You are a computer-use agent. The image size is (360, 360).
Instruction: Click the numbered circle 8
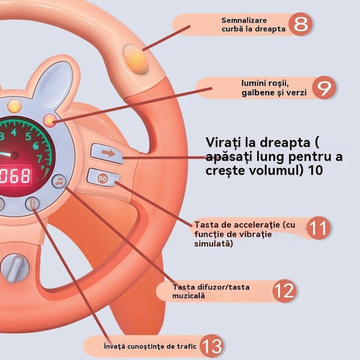point(300,24)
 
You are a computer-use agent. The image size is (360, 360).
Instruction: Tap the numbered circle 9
point(324,87)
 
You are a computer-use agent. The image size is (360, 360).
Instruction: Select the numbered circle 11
point(319,228)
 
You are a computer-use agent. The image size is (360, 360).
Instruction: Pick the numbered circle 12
point(284,291)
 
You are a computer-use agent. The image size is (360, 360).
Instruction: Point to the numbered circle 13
point(211,346)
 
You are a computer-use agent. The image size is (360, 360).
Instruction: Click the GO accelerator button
point(103,178)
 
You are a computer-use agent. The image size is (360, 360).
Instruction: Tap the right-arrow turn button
point(108,153)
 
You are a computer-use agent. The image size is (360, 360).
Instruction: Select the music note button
point(59,181)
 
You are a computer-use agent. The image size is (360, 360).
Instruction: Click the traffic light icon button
point(32,203)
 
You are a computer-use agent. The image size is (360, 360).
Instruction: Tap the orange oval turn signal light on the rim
point(136,60)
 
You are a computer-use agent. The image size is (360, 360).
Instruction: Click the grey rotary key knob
point(15,268)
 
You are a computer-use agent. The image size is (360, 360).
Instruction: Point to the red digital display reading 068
point(15,176)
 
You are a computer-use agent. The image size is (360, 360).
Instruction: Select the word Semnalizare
point(244,20)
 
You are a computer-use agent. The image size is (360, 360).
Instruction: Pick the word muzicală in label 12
point(189,295)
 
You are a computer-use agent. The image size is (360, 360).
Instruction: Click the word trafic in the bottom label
point(187,346)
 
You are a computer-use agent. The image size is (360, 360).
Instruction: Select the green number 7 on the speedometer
point(39,159)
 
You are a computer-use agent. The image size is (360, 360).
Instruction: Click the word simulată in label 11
point(213,243)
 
